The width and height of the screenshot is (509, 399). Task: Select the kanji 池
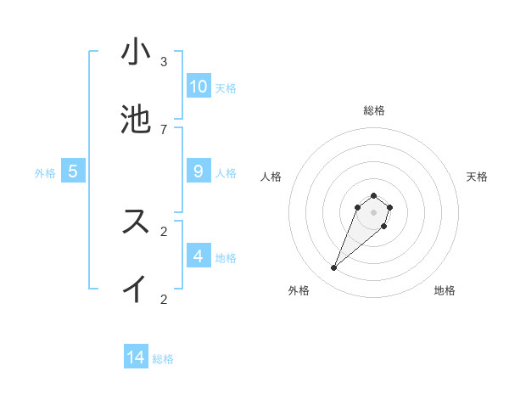[x=136, y=120]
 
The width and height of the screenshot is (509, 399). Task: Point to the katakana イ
[x=136, y=289]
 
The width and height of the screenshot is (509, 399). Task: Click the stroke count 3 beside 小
[x=164, y=62]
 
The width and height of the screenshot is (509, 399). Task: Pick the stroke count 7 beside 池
[x=164, y=129]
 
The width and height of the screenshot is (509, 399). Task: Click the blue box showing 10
[x=199, y=87]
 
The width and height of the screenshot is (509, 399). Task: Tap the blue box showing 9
[x=199, y=171]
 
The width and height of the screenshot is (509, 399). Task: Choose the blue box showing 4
[x=199, y=256]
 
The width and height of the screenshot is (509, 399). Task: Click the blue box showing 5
[x=73, y=171]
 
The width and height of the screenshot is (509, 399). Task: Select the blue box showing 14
[x=136, y=357]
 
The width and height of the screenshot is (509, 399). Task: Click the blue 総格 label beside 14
[x=163, y=359]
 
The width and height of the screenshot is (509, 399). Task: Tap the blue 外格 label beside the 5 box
[x=45, y=173]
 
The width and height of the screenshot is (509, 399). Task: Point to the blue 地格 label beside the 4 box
[x=226, y=258]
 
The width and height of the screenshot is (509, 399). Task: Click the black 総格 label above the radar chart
[x=374, y=110]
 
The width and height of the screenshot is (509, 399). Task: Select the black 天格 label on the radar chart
[x=477, y=177]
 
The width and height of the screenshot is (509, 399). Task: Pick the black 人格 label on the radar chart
[x=271, y=177]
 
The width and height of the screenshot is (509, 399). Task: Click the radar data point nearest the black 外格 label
[x=334, y=268]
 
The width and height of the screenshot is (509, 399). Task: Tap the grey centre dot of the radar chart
[x=373, y=211]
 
